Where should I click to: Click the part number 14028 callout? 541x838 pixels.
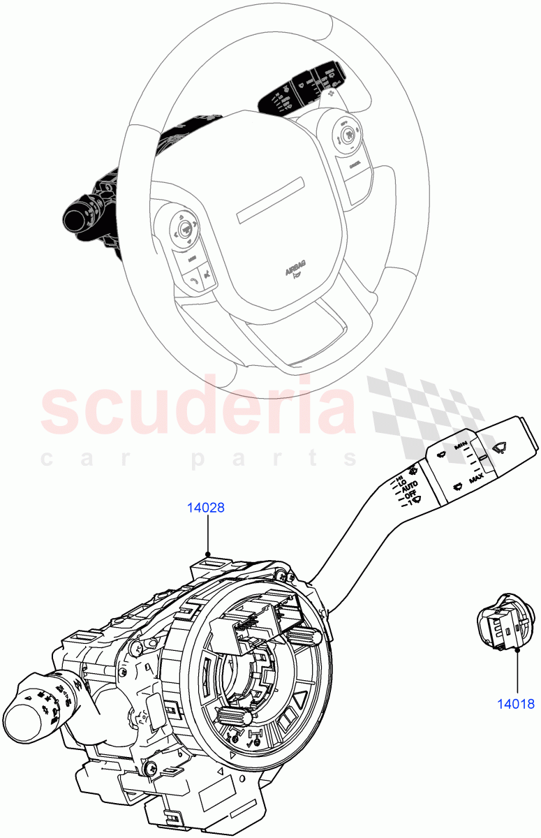[205, 508]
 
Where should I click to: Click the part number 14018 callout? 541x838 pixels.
[517, 704]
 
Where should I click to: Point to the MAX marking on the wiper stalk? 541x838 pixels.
[477, 480]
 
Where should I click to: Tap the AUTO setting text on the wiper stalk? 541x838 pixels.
[410, 485]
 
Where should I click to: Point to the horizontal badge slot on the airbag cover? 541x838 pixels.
[272, 201]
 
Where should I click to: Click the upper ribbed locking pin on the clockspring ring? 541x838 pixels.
[304, 634]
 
